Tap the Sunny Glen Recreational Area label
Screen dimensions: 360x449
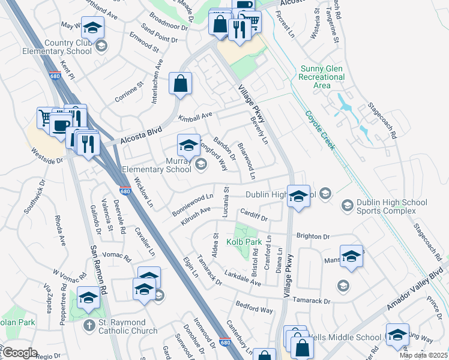322,77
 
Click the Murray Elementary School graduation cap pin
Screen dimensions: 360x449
188,146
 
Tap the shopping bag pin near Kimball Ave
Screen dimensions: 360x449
180,85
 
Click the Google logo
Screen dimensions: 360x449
19,353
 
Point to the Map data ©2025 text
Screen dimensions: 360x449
424,355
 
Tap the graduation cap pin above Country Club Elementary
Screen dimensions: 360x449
92,28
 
